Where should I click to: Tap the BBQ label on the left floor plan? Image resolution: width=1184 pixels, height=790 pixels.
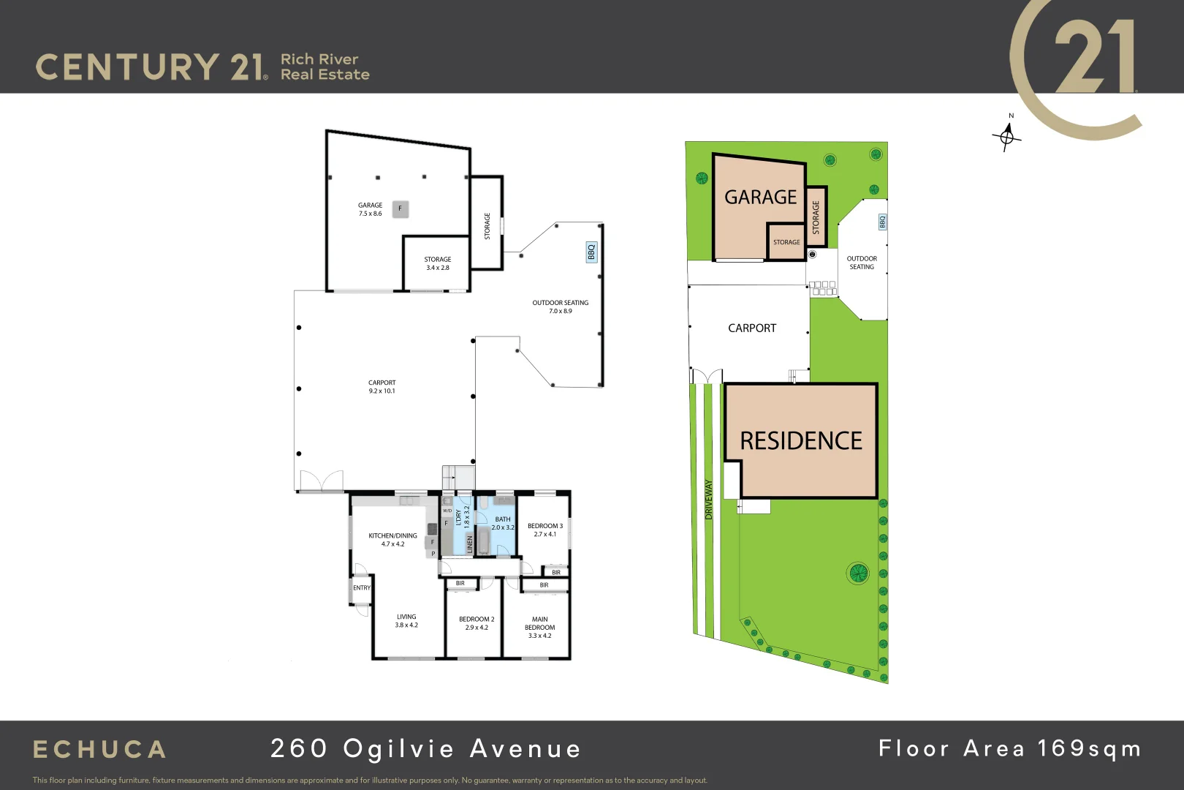(x=591, y=252)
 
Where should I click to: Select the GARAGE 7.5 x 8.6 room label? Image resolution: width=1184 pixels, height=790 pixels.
(x=370, y=209)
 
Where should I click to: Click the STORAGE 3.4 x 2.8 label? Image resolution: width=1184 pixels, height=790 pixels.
(x=438, y=263)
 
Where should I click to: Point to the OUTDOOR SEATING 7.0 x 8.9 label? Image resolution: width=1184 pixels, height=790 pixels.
(x=561, y=306)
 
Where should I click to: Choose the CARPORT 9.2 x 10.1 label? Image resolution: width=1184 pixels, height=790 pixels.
(x=382, y=386)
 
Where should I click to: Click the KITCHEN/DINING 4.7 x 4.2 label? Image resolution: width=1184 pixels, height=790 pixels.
(x=392, y=540)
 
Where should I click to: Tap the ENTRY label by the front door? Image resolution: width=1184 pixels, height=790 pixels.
(x=362, y=587)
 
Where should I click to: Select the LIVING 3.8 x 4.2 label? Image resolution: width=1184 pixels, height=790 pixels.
(x=406, y=621)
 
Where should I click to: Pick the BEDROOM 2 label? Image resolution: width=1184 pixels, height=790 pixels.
(x=477, y=623)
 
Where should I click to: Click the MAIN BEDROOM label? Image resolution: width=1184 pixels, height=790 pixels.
(x=540, y=627)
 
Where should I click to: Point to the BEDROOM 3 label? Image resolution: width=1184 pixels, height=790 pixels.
(x=545, y=530)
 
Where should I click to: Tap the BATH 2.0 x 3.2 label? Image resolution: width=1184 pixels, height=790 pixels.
(x=503, y=523)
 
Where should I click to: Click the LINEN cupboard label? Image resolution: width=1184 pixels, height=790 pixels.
(x=470, y=543)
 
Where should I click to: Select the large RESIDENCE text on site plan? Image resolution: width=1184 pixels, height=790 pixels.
(x=801, y=441)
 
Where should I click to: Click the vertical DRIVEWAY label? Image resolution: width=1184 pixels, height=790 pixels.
(x=708, y=500)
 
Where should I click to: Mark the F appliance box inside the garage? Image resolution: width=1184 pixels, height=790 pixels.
(x=400, y=209)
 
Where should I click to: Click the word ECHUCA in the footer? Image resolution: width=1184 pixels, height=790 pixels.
(x=100, y=750)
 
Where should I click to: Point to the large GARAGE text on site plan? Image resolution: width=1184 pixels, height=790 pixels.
(x=760, y=197)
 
